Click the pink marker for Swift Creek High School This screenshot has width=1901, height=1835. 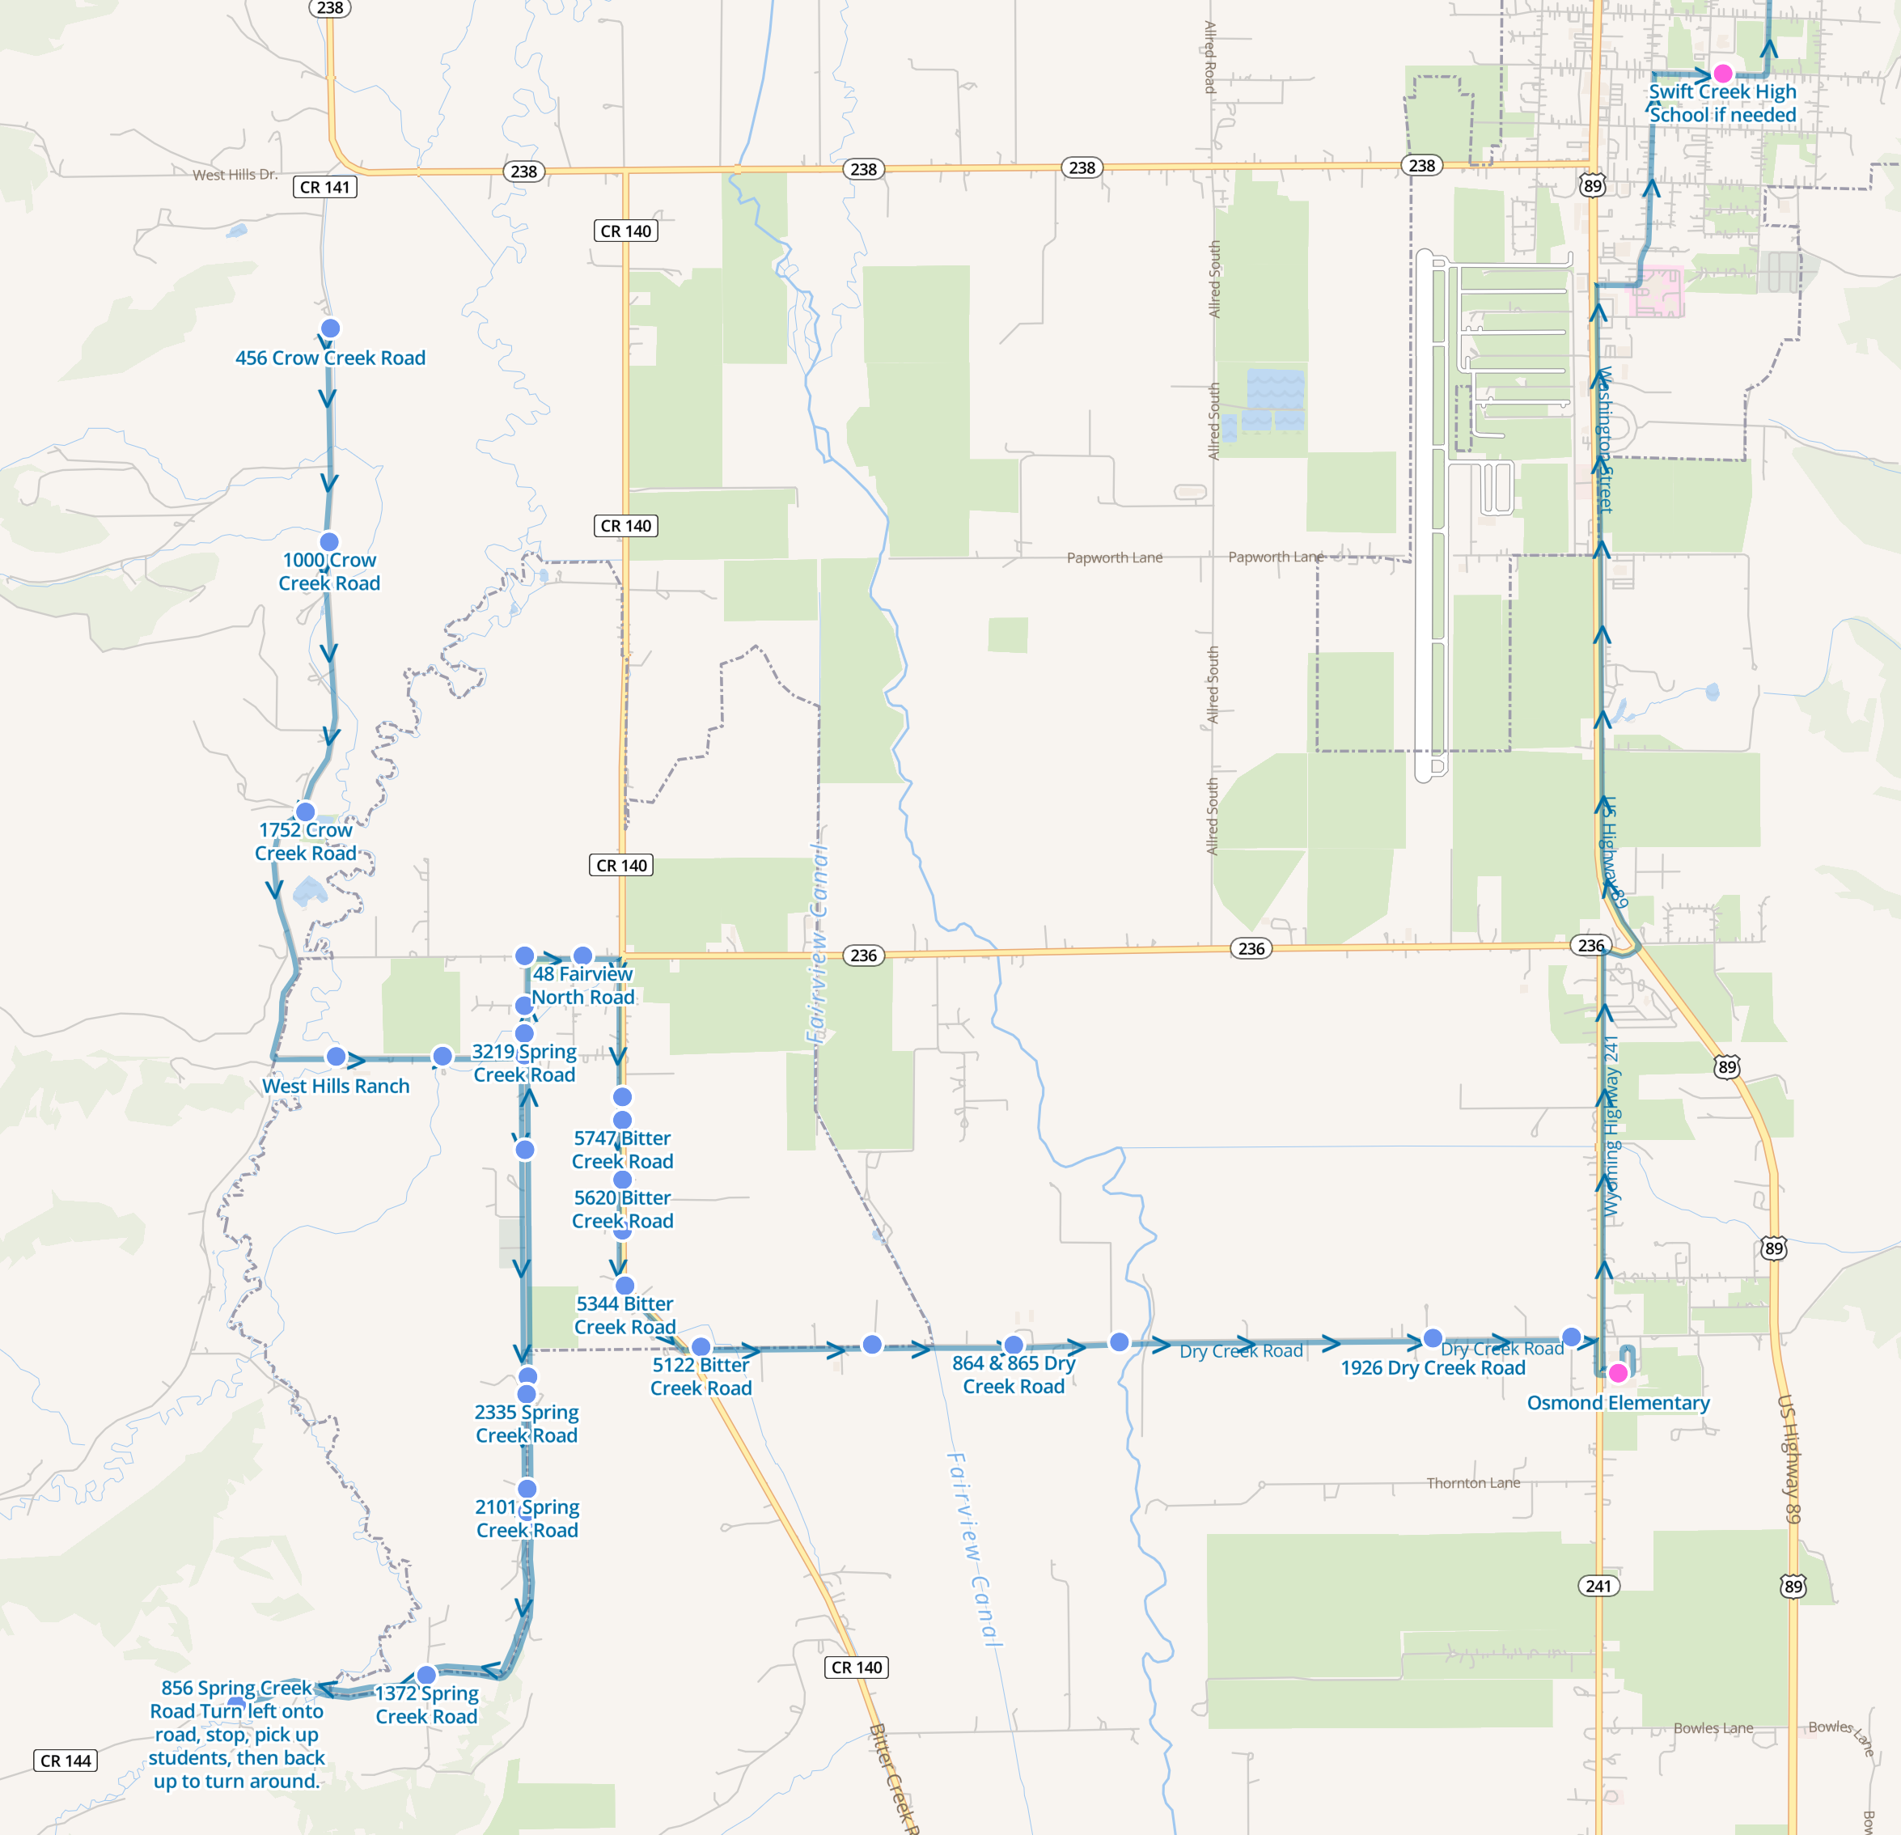click(1722, 74)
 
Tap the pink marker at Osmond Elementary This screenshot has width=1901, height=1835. click(1618, 1373)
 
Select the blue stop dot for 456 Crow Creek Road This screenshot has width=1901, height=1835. click(330, 328)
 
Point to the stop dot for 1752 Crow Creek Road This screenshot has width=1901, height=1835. click(306, 812)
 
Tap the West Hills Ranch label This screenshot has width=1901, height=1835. click(336, 1087)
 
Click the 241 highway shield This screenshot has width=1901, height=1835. click(1598, 1586)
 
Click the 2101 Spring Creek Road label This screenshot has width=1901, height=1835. click(527, 1518)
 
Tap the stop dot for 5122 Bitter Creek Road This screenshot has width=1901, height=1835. click(701, 1347)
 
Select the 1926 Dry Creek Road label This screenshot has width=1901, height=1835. click(1433, 1367)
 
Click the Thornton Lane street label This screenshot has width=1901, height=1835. click(1472, 1483)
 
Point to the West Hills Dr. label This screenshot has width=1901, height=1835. click(235, 176)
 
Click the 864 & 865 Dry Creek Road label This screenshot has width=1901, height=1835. click(1014, 1375)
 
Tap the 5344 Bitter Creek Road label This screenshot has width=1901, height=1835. click(624, 1315)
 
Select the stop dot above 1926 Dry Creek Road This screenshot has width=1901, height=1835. click(1433, 1339)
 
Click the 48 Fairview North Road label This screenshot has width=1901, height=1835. click(583, 985)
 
